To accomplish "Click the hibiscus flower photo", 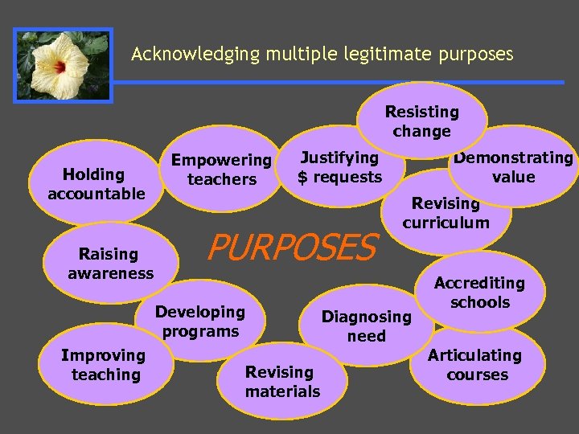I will pyautogui.click(x=63, y=66).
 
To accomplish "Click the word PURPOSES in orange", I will pyautogui.click(x=291, y=248).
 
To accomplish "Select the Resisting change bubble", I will pyautogui.click(x=421, y=121).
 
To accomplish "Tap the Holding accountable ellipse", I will pyautogui.click(x=96, y=184).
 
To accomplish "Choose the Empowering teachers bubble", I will pyautogui.click(x=221, y=170).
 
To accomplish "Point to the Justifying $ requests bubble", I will pyautogui.click(x=340, y=167).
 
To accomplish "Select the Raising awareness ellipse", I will pyautogui.click(x=110, y=264).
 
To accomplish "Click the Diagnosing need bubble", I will pyautogui.click(x=367, y=326).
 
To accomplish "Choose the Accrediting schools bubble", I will pyautogui.click(x=479, y=293).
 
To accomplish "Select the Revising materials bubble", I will pyautogui.click(x=281, y=382).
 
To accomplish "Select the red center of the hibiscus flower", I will pyautogui.click(x=60, y=68).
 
